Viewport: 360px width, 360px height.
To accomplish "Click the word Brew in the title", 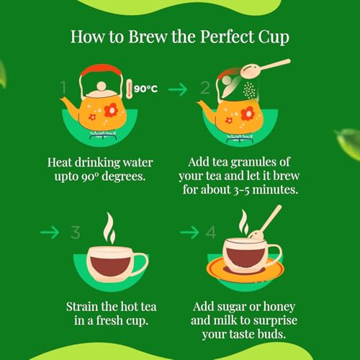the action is pos(148,37).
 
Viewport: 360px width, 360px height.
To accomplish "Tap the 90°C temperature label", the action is pos(145,89).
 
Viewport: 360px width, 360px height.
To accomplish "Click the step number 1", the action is pos(63,87).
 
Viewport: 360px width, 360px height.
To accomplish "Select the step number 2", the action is pos(205,88).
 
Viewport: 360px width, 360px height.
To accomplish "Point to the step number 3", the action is pos(76,233).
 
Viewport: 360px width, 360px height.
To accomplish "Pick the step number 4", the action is pos(211,233).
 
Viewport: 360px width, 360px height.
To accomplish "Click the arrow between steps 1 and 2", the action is pos(178,89).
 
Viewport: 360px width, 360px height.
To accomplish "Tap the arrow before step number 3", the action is pos(50,233).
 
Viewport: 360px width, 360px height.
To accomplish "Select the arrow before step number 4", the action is pos(189,233).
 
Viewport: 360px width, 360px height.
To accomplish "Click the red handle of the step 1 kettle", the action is pos(101,68).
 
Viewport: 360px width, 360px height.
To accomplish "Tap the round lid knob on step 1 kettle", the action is pos(102,86).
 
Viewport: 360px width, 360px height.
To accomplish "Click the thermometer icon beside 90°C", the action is pos(129,89).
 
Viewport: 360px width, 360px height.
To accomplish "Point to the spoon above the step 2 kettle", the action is pos(265,68).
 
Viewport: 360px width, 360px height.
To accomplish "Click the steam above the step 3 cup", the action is pos(109,228).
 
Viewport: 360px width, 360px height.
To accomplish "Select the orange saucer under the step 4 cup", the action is pos(245,269).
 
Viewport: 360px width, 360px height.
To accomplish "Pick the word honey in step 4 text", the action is pos(279,307).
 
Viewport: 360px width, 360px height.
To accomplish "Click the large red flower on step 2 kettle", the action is pos(248,113).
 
